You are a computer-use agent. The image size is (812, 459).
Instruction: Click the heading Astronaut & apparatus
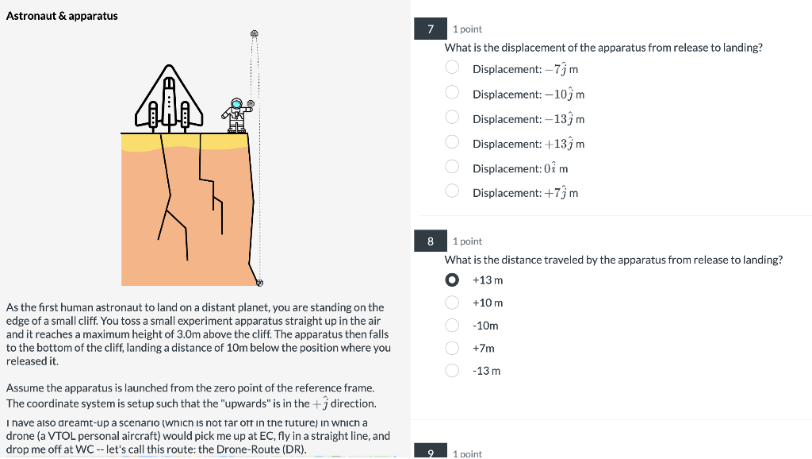(x=62, y=16)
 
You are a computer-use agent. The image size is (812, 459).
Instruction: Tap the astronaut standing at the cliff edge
(x=236, y=114)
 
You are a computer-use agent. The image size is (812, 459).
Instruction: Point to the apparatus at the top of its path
(x=255, y=33)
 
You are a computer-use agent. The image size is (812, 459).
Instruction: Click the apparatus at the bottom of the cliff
(x=259, y=282)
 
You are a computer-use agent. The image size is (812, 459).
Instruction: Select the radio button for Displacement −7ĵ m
(x=452, y=68)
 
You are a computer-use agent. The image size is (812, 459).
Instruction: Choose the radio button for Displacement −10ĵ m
(x=452, y=93)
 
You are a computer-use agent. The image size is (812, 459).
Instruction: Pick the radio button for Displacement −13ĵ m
(x=452, y=118)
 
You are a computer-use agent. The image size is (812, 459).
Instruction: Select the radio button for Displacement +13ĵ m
(x=452, y=142)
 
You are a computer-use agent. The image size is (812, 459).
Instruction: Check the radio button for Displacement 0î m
(x=452, y=167)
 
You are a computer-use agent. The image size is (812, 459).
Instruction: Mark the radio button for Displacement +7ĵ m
(x=452, y=191)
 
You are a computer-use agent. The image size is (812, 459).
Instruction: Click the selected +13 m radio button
(x=452, y=280)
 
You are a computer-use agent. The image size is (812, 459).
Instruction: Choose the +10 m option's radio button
(x=452, y=303)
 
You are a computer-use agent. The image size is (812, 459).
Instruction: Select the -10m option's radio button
(x=452, y=325)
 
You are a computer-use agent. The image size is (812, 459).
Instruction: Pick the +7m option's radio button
(x=452, y=348)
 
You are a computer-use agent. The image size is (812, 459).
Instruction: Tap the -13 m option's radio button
(x=452, y=370)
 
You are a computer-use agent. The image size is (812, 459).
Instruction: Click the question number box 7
(x=431, y=29)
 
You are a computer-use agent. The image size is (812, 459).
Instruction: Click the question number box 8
(x=431, y=241)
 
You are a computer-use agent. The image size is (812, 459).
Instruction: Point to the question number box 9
(x=431, y=453)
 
